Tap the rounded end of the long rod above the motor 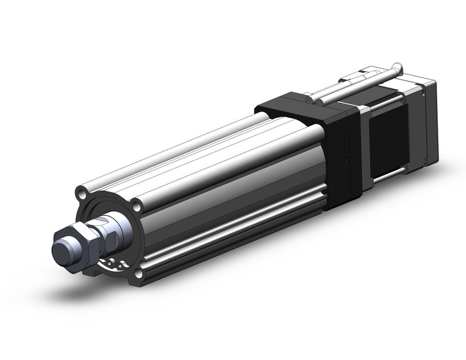[x=399, y=66]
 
